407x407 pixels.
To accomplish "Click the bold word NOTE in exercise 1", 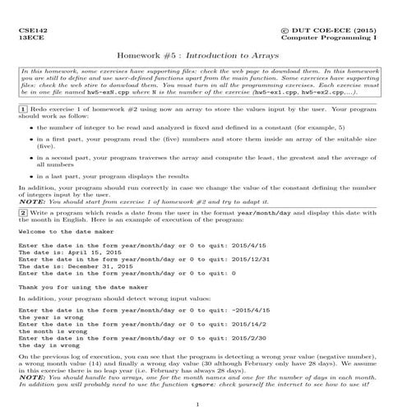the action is point(32,201).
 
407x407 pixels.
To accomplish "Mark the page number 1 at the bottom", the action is point(203,403).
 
